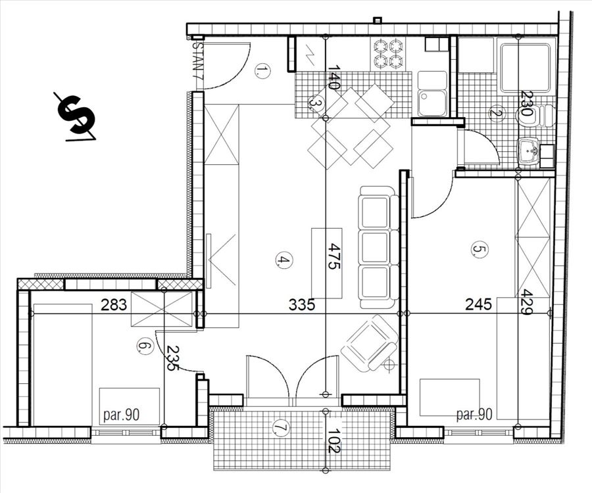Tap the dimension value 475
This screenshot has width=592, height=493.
(x=334, y=256)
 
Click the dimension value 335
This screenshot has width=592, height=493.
(x=302, y=304)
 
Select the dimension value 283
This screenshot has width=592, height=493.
(x=114, y=304)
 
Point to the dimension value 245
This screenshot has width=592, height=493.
(x=478, y=304)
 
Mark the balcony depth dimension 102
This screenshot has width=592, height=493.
(x=334, y=440)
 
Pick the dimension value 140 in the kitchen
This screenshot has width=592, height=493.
(x=334, y=78)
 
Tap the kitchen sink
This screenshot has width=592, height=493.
(x=432, y=93)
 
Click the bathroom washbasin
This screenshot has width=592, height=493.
(x=530, y=151)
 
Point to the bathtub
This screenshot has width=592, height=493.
(x=525, y=68)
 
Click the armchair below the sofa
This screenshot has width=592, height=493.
(x=370, y=343)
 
